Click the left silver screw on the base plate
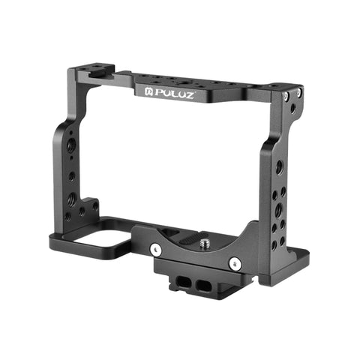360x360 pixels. pyautogui.click(x=155, y=248)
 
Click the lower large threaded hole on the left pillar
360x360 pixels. pyautogui.click(x=72, y=199)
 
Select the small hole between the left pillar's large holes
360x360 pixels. pyautogui.click(x=72, y=177)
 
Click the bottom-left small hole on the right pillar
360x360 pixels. pyautogui.click(x=274, y=244)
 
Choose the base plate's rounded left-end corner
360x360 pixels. pyautogui.click(x=54, y=241)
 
